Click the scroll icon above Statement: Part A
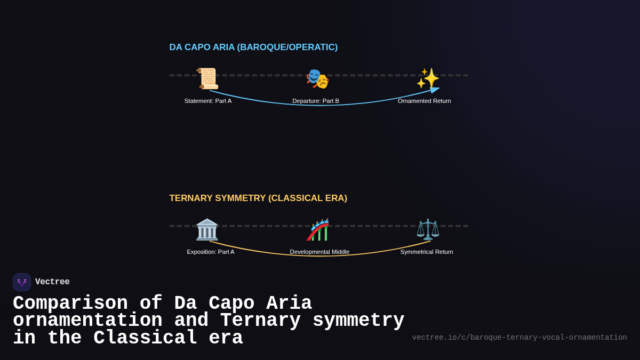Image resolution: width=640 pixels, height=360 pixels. [x=207, y=78]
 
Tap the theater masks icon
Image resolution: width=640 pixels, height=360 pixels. [x=317, y=79]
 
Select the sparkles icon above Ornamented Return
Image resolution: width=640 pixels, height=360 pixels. [x=428, y=78]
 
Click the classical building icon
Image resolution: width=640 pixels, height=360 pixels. [x=207, y=229]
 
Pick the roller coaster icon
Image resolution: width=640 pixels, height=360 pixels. [x=318, y=230]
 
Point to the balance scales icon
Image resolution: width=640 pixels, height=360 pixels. [x=428, y=229]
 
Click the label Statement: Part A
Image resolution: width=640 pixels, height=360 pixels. [x=208, y=101]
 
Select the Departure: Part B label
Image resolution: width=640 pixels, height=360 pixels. [x=316, y=101]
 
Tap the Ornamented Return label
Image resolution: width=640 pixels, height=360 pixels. [x=425, y=101]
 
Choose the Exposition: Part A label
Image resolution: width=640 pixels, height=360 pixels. [x=211, y=252]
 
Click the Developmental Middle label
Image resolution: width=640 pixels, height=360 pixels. [x=319, y=252]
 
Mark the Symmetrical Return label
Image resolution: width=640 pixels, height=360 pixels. [x=427, y=252]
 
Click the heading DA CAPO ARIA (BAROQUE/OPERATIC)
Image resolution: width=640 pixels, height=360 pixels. [x=253, y=47]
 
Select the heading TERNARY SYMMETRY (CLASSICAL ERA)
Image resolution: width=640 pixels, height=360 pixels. [x=258, y=198]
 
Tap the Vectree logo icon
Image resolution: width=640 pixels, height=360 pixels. [x=22, y=282]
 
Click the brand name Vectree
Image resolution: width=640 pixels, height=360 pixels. [x=52, y=282]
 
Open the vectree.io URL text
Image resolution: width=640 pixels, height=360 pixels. [x=519, y=338]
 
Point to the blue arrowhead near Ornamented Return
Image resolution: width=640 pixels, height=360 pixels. [x=434, y=90]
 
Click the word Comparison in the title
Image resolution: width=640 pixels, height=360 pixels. [x=70, y=303]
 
